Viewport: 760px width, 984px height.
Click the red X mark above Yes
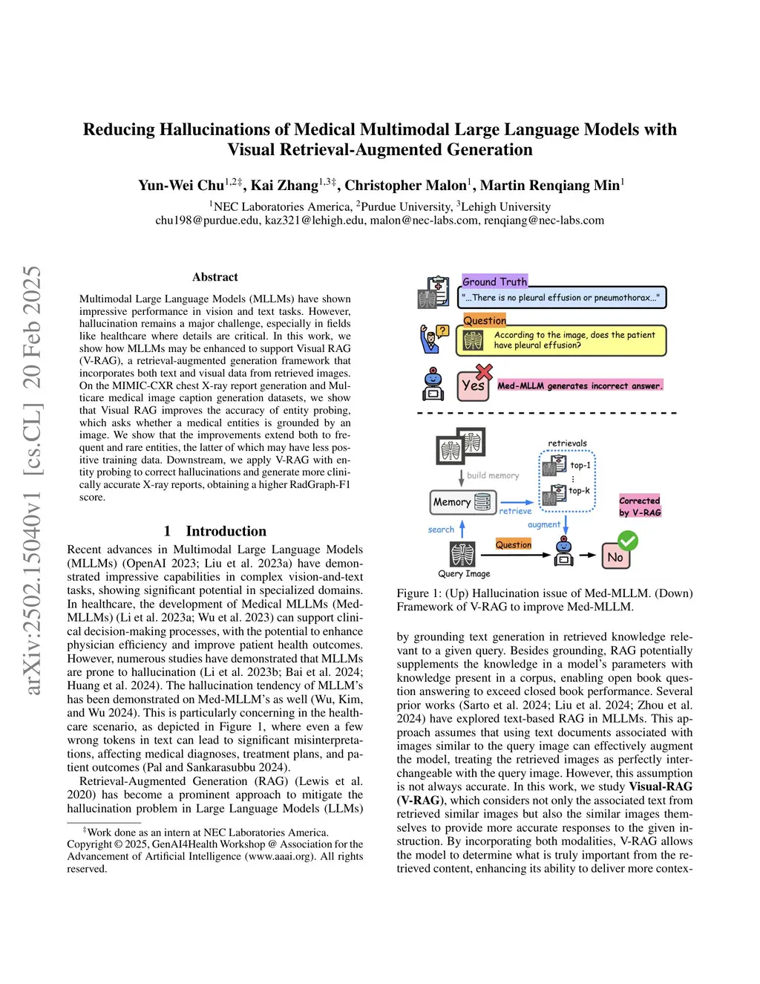tap(484, 371)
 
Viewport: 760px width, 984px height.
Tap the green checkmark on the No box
tap(628, 540)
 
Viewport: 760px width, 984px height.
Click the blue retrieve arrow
tap(516, 503)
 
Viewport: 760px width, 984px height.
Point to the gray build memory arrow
tap(462, 475)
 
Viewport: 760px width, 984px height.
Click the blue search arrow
tap(462, 529)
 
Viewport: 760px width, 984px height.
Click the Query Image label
tap(464, 573)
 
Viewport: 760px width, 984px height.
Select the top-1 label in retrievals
tap(580, 466)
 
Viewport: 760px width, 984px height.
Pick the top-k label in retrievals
tap(580, 491)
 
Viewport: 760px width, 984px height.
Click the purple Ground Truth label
tap(494, 281)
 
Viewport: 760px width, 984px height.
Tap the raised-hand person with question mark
tap(433, 339)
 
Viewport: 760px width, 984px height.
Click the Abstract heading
tap(215, 277)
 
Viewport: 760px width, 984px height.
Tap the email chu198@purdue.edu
tap(207, 221)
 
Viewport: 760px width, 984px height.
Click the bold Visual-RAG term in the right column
tap(661, 786)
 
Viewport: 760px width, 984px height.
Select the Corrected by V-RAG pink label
tap(640, 506)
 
